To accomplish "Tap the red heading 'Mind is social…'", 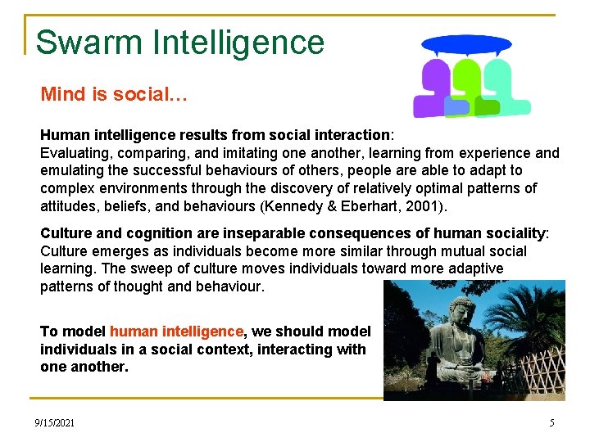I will coord(114,94).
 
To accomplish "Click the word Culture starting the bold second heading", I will coord(68,232).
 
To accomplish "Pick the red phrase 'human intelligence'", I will coord(176,331).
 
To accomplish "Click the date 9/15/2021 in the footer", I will coord(54,422).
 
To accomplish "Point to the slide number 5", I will coord(551,422).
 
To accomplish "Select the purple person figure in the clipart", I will coord(432,90).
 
